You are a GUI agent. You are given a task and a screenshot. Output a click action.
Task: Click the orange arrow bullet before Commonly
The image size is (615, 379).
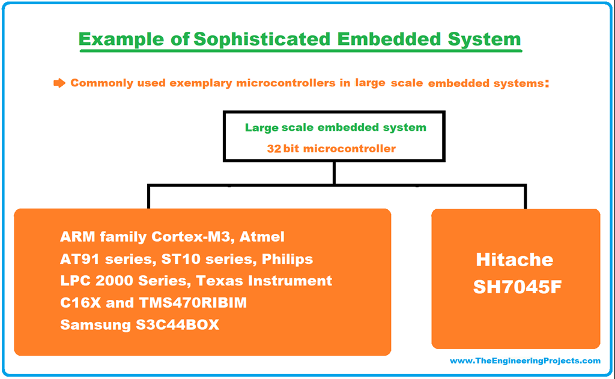click(59, 83)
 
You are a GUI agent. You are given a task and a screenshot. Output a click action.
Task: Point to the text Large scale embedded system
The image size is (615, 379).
click(335, 128)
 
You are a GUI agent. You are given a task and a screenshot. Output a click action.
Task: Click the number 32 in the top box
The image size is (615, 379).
click(274, 148)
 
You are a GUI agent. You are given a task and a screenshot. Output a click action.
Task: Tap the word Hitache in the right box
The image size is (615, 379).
click(514, 260)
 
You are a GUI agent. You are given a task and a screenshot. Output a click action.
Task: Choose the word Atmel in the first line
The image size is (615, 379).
click(262, 237)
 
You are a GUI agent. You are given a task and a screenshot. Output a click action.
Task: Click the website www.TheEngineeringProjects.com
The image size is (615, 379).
click(524, 360)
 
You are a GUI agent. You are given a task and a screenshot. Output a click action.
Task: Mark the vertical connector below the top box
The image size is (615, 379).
click(333, 173)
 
